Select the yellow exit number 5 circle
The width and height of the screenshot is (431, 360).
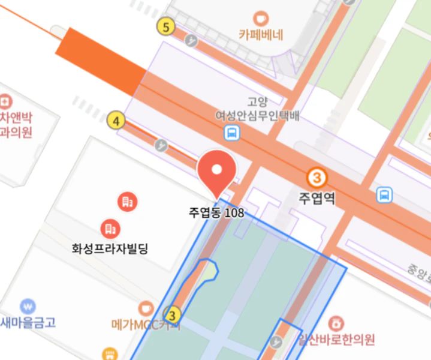(x=165, y=26)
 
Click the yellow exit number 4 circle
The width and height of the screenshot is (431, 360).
(x=116, y=121)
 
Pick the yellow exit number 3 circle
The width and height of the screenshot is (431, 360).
(x=173, y=314)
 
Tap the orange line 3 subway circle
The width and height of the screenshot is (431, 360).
(x=317, y=178)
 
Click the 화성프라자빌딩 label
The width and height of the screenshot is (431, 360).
(x=108, y=247)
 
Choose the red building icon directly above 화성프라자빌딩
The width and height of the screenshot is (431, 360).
(x=110, y=228)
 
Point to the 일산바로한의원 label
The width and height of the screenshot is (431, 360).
(x=337, y=340)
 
